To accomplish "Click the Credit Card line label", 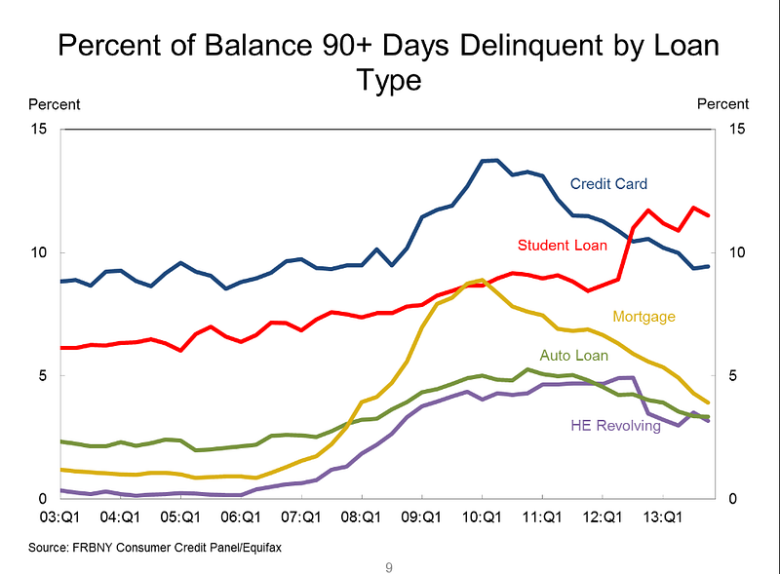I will (x=608, y=183).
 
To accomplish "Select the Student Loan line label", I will (x=563, y=244).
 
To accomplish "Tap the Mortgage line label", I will (x=643, y=316).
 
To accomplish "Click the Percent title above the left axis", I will (x=55, y=104).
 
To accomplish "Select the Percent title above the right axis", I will (x=723, y=103).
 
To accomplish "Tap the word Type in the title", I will (x=389, y=80).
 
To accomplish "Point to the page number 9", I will (x=389, y=566).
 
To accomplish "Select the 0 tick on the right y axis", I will (x=731, y=499).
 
